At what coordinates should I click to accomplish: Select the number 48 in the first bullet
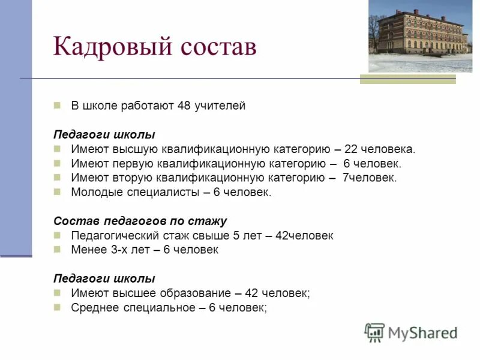184,106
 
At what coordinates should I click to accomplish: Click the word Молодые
95,193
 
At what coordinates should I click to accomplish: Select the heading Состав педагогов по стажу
140,221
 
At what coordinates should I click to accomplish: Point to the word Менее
88,250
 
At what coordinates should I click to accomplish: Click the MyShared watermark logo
411,332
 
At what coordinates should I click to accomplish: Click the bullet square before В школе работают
58,105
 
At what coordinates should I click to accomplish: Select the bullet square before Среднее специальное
58,307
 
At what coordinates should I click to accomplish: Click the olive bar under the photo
408,79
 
